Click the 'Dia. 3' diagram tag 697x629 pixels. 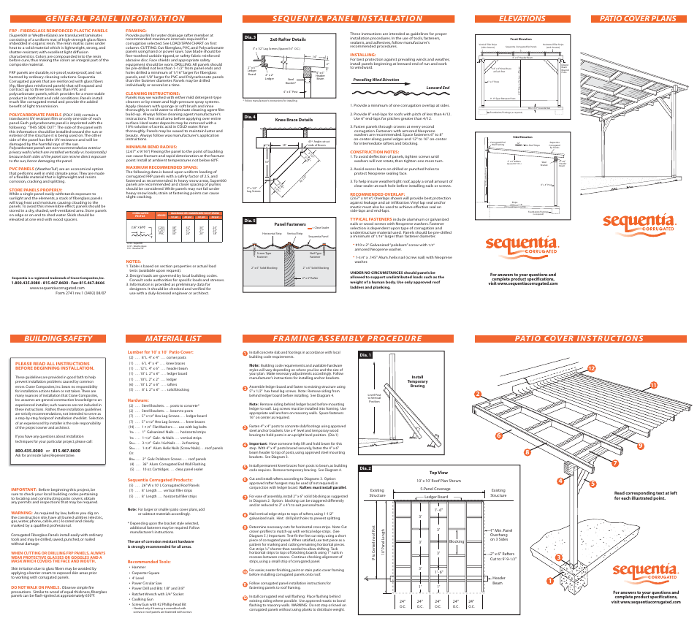point(251,37)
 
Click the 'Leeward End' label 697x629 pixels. point(437,87)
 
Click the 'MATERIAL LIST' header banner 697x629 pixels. point(174,338)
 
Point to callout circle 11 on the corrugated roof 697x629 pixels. point(644,385)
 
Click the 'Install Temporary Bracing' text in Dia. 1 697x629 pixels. point(418,381)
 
